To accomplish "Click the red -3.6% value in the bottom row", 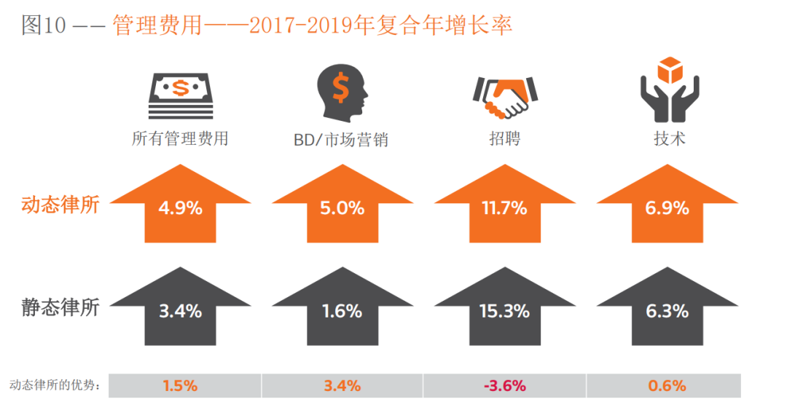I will click(504, 386).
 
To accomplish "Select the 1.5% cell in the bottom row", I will click(180, 386).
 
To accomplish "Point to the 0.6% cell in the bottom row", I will click(667, 386).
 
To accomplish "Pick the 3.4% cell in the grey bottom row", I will click(342, 386).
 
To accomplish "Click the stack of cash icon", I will click(181, 95).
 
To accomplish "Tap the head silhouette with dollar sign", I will click(342, 92).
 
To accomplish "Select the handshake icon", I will click(504, 98).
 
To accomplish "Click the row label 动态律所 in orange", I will click(60, 205).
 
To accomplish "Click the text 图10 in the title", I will click(44, 25).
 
